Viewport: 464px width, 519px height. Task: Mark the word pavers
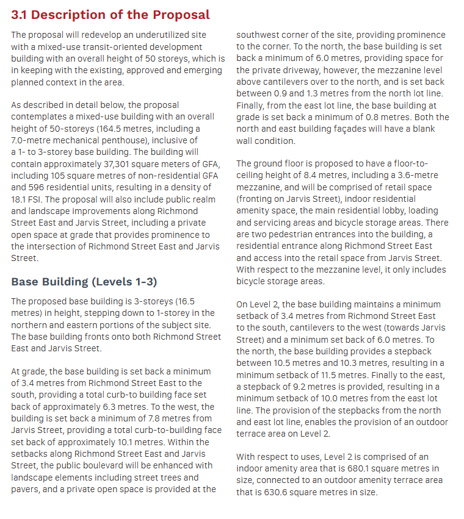pyautogui.click(x=25, y=489)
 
